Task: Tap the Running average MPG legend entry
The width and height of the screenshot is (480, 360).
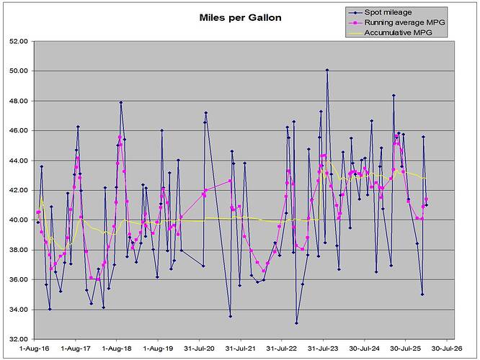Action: click(x=403, y=22)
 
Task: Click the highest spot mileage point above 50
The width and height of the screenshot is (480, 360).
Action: click(x=326, y=71)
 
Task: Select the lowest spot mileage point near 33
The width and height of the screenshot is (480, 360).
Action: click(x=296, y=323)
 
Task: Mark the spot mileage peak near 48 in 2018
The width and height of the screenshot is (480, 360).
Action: click(x=121, y=103)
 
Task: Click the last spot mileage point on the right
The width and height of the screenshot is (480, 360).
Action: click(x=427, y=205)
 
